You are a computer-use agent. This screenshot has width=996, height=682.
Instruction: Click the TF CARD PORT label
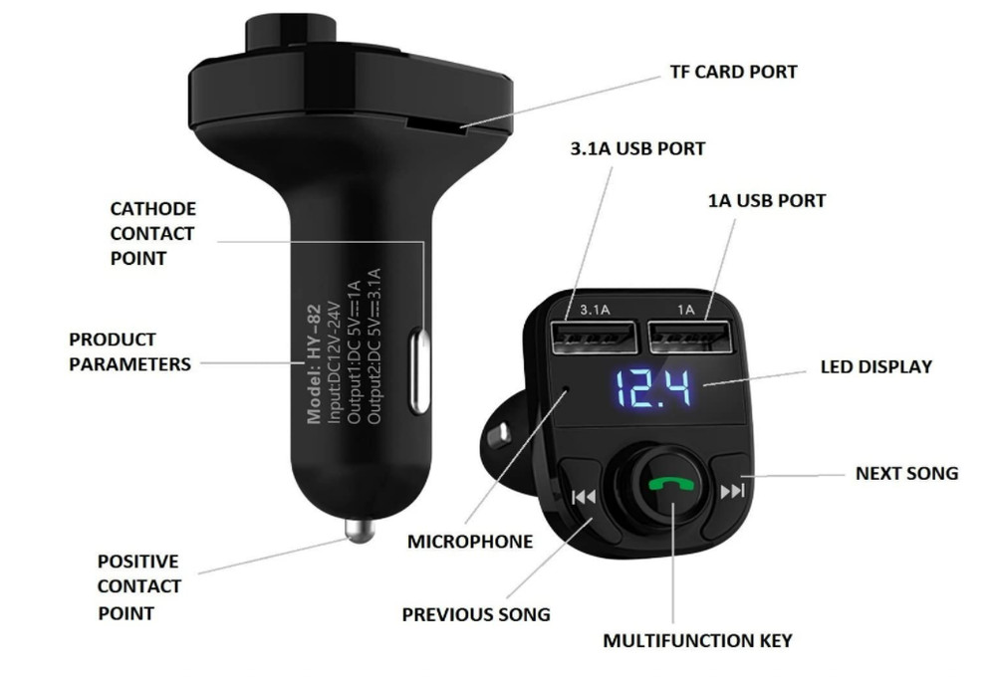(732, 72)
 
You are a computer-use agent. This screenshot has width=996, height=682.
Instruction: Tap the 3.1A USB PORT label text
(636, 148)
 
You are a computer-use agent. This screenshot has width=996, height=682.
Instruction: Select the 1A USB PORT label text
(766, 200)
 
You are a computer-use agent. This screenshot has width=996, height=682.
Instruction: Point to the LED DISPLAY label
(875, 366)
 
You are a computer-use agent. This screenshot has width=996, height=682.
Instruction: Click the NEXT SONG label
(906, 473)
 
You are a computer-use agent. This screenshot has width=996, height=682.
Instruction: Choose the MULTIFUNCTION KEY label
(697, 640)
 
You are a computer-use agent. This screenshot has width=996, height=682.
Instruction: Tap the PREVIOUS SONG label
(475, 614)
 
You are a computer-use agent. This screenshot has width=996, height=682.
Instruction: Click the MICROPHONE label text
(469, 542)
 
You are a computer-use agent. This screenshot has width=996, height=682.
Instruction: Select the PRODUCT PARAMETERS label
(129, 351)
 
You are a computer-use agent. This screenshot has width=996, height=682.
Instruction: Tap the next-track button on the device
(732, 491)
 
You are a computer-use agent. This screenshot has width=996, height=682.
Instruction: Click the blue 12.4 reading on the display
(652, 389)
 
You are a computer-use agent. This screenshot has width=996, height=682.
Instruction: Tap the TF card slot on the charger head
(437, 126)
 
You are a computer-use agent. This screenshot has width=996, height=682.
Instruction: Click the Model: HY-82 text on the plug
(314, 377)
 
